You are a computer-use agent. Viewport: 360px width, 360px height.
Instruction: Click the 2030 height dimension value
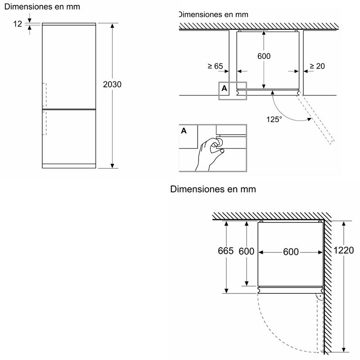click(x=112, y=84)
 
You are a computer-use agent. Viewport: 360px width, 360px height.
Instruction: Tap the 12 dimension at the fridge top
click(x=18, y=24)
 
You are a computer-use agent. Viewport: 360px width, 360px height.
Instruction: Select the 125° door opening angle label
click(x=274, y=119)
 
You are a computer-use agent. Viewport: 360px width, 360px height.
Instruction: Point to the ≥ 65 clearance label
click(x=216, y=66)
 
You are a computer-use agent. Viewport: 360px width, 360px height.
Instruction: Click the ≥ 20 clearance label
click(x=317, y=66)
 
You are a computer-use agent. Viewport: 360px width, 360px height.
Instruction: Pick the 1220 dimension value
click(x=344, y=251)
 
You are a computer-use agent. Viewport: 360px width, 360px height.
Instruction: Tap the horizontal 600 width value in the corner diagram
click(x=291, y=252)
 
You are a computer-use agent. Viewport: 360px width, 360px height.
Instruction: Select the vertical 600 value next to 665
click(x=246, y=251)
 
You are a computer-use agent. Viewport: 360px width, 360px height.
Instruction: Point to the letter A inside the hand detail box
click(x=184, y=131)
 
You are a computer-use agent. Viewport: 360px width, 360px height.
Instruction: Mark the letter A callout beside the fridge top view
click(x=224, y=89)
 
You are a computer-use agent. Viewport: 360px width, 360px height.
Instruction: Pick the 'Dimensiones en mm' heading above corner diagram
click(x=213, y=189)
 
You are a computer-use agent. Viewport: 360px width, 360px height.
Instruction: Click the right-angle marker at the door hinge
click(x=319, y=297)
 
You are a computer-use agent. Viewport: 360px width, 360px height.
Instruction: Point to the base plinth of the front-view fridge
click(x=69, y=166)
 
